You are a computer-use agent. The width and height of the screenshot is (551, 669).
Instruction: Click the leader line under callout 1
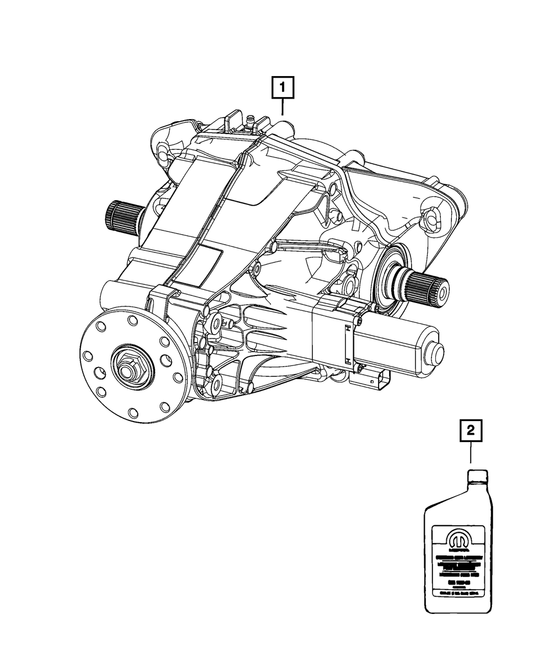(x=282, y=106)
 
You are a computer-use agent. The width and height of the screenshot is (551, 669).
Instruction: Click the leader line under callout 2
(x=471, y=455)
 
